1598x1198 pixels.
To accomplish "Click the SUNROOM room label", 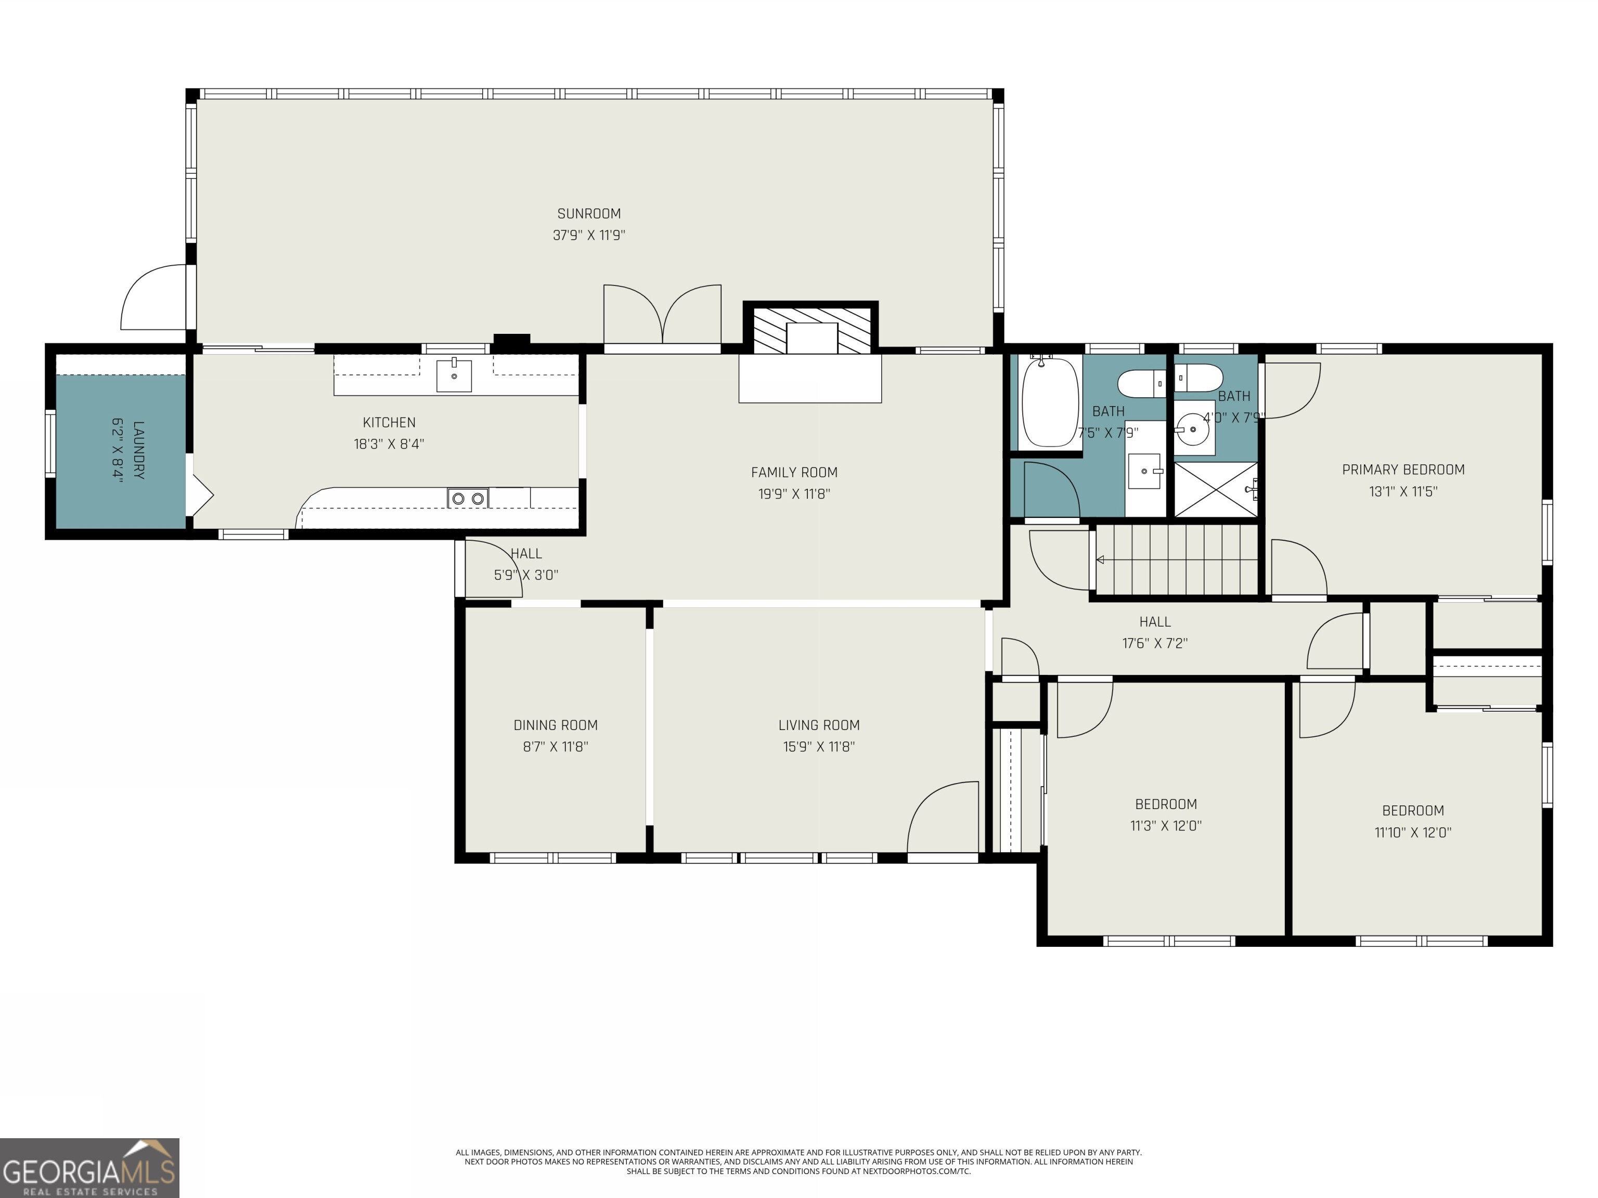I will (x=589, y=214).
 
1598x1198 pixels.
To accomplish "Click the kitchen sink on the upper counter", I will (x=454, y=375).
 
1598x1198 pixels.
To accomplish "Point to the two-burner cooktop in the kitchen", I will (x=468, y=498).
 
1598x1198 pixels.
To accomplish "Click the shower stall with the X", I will (x=1215, y=490).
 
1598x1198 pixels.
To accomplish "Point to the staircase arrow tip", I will (x=1100, y=559).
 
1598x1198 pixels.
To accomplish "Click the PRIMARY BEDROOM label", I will (x=1403, y=470).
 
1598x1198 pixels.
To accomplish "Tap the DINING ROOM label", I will (x=556, y=725).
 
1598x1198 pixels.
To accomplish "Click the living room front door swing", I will (x=939, y=819).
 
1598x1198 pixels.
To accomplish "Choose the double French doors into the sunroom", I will (x=663, y=316).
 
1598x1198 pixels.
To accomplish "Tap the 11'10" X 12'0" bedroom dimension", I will (x=1412, y=832).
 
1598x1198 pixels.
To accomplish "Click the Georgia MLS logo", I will (x=89, y=1168).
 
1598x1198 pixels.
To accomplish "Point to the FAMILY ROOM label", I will (x=794, y=472).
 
